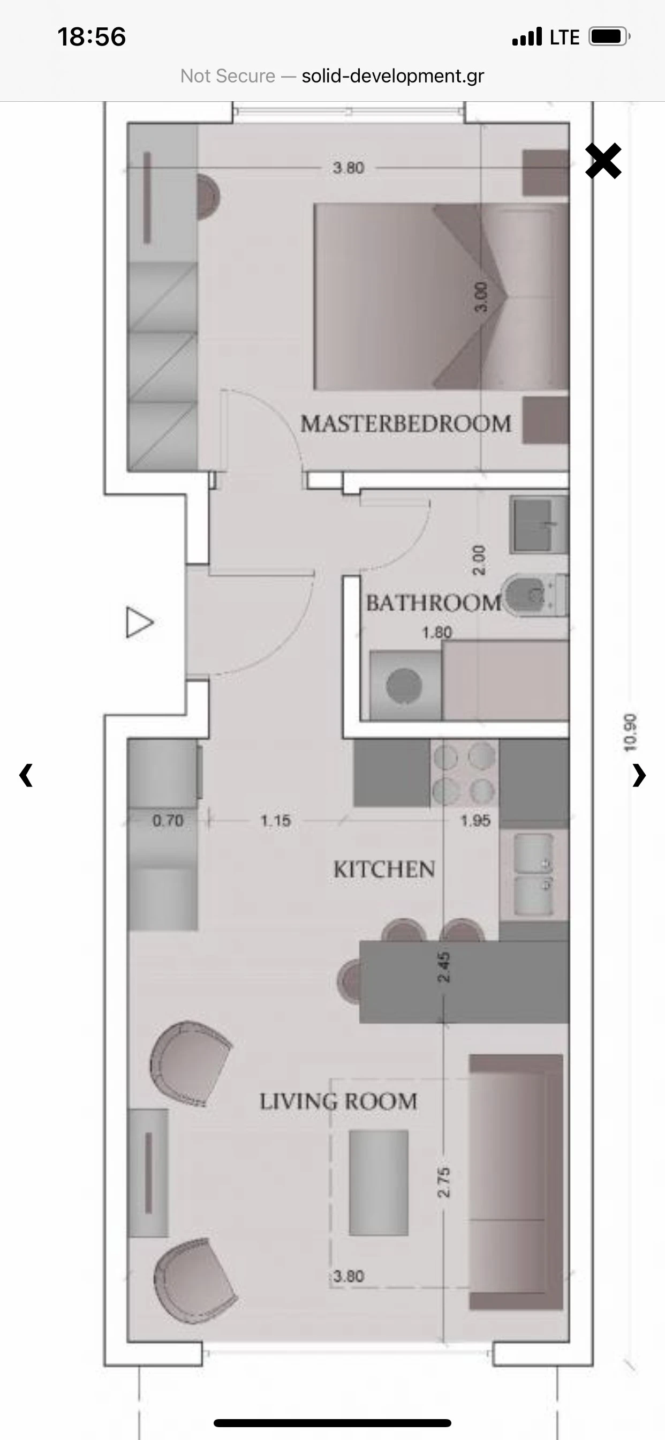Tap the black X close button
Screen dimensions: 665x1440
coord(603,161)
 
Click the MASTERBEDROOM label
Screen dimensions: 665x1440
coord(406,424)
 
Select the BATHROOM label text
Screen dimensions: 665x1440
coord(434,603)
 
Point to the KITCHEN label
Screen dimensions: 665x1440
coord(384,869)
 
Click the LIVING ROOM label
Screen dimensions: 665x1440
coord(338,1101)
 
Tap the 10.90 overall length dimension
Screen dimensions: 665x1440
coord(630,732)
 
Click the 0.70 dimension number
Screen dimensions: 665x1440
coord(168,821)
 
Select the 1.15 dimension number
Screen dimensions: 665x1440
coord(276,821)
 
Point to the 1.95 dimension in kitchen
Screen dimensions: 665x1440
coord(475,821)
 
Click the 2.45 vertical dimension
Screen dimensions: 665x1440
coord(443,966)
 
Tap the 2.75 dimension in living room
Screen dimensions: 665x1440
coord(443,1182)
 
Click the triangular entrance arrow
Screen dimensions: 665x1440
coord(139,622)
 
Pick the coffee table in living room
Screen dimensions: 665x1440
coord(379,1182)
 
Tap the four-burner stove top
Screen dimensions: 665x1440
coord(464,773)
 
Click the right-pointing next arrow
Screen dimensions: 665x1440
coord(639,775)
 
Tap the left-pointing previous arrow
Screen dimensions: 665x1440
coord(26,775)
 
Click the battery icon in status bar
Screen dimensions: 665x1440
coord(609,37)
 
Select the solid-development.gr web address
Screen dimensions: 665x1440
coord(393,76)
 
